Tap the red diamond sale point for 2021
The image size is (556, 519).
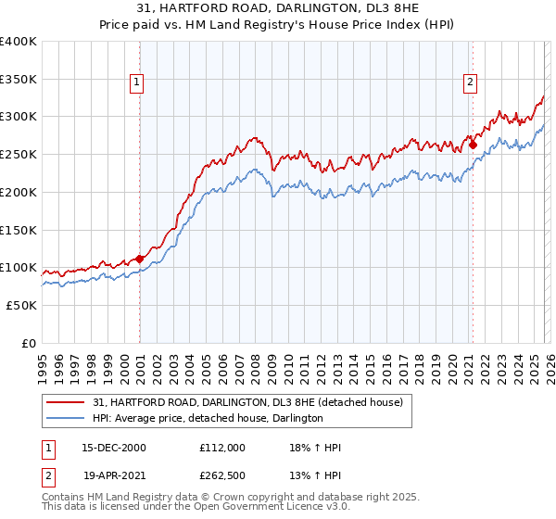point(473,145)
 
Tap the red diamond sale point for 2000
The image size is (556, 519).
point(140,259)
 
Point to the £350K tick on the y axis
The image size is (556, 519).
point(19,79)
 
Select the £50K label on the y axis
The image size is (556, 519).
point(20,305)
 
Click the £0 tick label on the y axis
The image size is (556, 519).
point(28,343)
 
